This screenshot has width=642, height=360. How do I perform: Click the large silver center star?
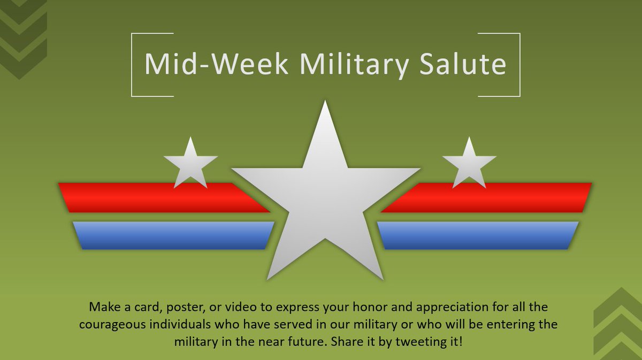click(x=325, y=203)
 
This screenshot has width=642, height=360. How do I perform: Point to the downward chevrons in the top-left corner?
click(x=24, y=37)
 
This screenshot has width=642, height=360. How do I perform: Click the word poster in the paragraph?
click(x=184, y=308)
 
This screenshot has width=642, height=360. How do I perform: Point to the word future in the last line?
click(x=300, y=341)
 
